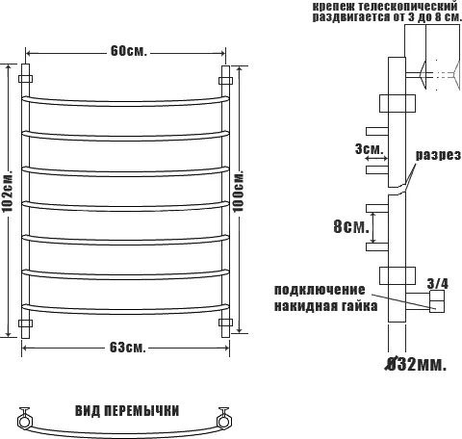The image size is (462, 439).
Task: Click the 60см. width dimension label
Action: click(x=127, y=50)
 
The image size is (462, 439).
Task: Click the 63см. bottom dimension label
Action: click(x=127, y=347)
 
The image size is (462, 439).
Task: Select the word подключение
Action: click(x=320, y=291)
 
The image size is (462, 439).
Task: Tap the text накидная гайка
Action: click(x=320, y=306)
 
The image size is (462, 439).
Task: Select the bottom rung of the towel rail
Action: click(x=125, y=308)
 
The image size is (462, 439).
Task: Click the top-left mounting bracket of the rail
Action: click(x=27, y=73)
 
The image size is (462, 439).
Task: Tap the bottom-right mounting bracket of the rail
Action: click(x=227, y=321)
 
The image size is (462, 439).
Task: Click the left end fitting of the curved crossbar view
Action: click(x=25, y=417)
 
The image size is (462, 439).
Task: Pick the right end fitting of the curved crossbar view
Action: click(x=225, y=417)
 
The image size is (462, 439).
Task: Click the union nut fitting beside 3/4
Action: click(x=435, y=305)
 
